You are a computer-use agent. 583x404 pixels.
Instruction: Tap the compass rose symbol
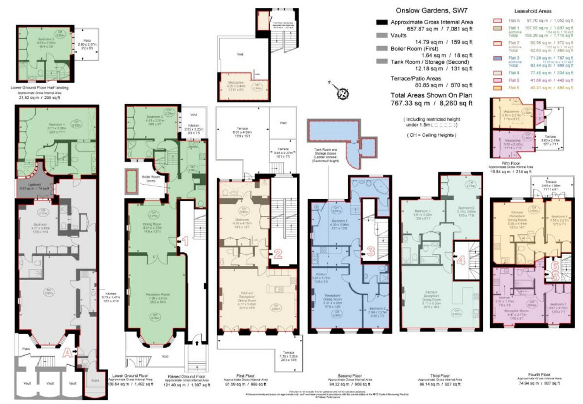pyautogui.click(x=343, y=92)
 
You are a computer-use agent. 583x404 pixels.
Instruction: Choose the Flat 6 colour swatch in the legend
pyautogui.click(x=497, y=88)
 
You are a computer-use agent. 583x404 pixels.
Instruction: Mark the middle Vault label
pyautogui.click(x=50, y=383)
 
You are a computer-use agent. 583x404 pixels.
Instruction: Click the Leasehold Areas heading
pyautogui.click(x=532, y=11)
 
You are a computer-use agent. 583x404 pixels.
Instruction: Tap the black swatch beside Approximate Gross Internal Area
pyautogui.click(x=382, y=22)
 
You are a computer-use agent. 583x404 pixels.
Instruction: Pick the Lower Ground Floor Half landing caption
pyautogui.click(x=39, y=88)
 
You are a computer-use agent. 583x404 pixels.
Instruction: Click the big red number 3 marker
pyautogui.click(x=370, y=251)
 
